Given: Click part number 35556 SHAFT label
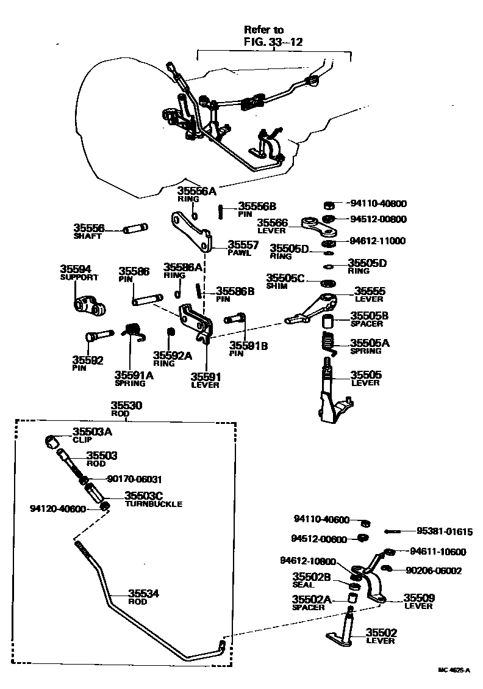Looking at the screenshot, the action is (89, 231).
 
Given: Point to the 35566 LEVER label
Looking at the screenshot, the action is (271, 226).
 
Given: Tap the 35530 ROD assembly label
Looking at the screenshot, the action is (126, 409).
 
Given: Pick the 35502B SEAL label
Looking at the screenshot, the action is (311, 580).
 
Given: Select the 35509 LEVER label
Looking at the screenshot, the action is (418, 601).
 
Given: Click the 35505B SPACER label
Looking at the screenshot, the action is (370, 319).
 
